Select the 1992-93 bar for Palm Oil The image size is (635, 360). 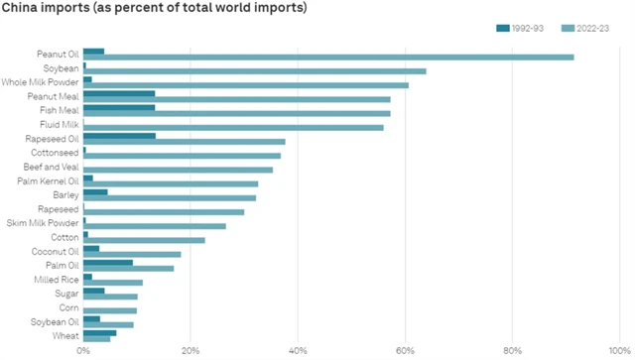tap(108, 262)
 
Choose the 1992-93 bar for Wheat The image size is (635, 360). tap(99, 332)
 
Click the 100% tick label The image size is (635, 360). tap(619, 350)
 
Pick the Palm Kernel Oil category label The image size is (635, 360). tap(48, 180)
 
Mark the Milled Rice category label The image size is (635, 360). tap(58, 280)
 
